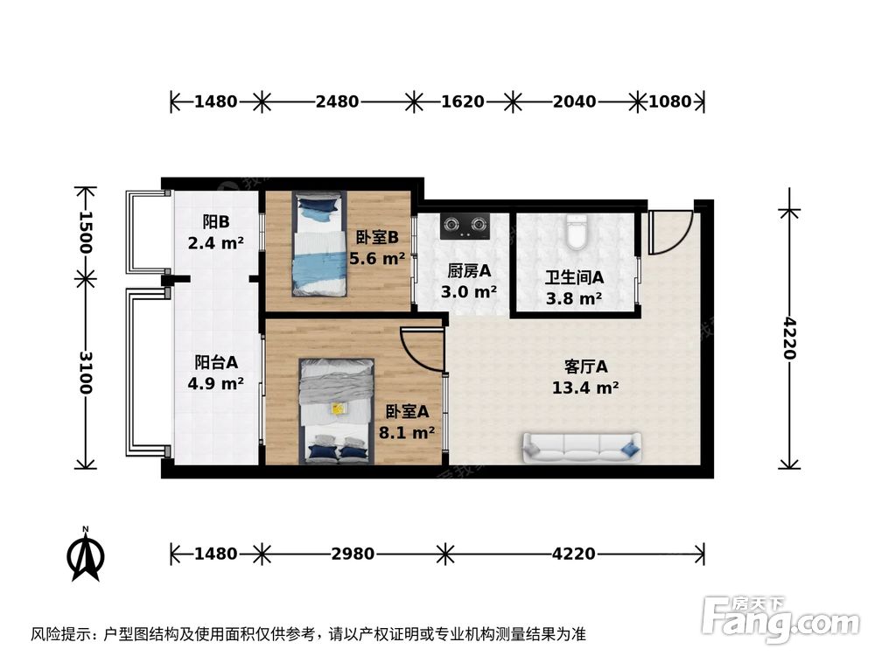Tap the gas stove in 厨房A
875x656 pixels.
[x=465, y=227]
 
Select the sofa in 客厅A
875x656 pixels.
[x=582, y=448]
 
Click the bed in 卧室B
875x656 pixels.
[x=319, y=244]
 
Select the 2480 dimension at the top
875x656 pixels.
[x=337, y=101]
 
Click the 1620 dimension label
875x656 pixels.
[x=463, y=101]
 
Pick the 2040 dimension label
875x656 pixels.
[x=574, y=101]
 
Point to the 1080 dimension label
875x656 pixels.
[x=670, y=101]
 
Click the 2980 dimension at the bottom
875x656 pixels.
[x=353, y=554]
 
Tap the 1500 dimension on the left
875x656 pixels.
[x=85, y=233]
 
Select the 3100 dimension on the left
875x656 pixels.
[x=85, y=372]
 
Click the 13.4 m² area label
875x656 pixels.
[x=585, y=388]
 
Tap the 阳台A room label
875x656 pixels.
[x=217, y=360]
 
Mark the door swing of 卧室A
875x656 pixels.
[x=423, y=348]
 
